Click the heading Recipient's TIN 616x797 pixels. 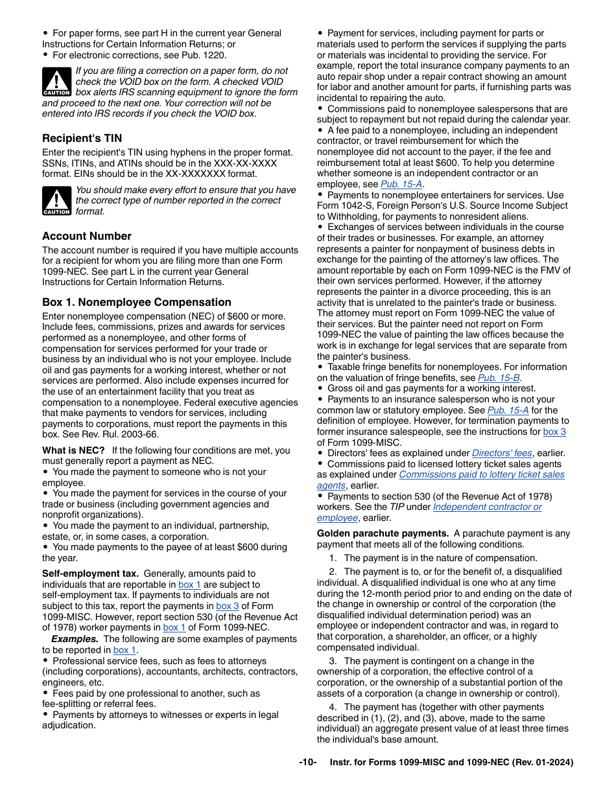click(82, 138)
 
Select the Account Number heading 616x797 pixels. click(86, 236)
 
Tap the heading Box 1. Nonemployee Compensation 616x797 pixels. click(136, 302)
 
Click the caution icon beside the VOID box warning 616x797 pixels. click(56, 82)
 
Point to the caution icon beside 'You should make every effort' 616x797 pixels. click(56, 201)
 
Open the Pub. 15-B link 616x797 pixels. click(499, 378)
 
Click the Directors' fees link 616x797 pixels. click(502, 453)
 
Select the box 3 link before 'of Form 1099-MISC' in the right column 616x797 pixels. click(554, 432)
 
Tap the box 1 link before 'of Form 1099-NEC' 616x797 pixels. click(174, 627)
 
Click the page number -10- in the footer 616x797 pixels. click(307, 763)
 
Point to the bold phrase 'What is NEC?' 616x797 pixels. click(73, 450)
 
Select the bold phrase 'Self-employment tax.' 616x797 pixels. click(90, 573)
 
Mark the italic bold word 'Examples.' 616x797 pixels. click(74, 639)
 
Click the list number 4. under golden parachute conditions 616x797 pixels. click(333, 707)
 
